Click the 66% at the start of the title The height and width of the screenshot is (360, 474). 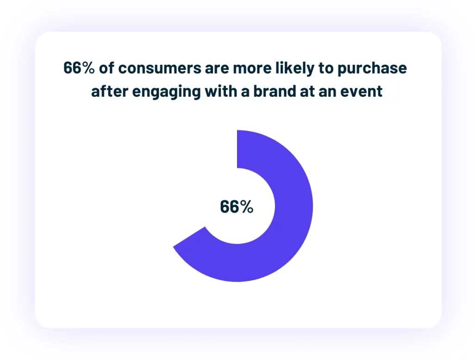(79, 68)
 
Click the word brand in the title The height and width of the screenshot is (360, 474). (268, 91)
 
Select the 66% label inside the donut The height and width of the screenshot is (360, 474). (237, 207)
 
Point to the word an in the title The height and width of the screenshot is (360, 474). (326, 91)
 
